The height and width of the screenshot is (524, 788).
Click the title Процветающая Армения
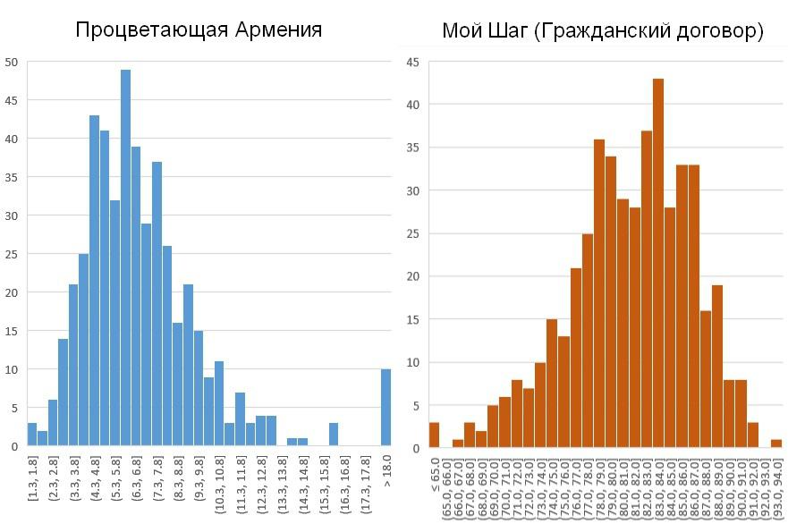pyautogui.click(x=199, y=30)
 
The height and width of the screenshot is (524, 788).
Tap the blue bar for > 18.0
pyautogui.click(x=386, y=407)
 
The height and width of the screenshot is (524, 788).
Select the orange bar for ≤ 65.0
pyautogui.click(x=434, y=435)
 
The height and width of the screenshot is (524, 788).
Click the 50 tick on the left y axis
pyautogui.click(x=11, y=63)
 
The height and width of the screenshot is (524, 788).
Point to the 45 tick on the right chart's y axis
pyautogui.click(x=412, y=63)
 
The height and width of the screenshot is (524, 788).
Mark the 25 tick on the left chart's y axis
pyautogui.click(x=11, y=254)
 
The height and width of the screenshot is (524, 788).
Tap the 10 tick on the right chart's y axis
pyautogui.click(x=412, y=363)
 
